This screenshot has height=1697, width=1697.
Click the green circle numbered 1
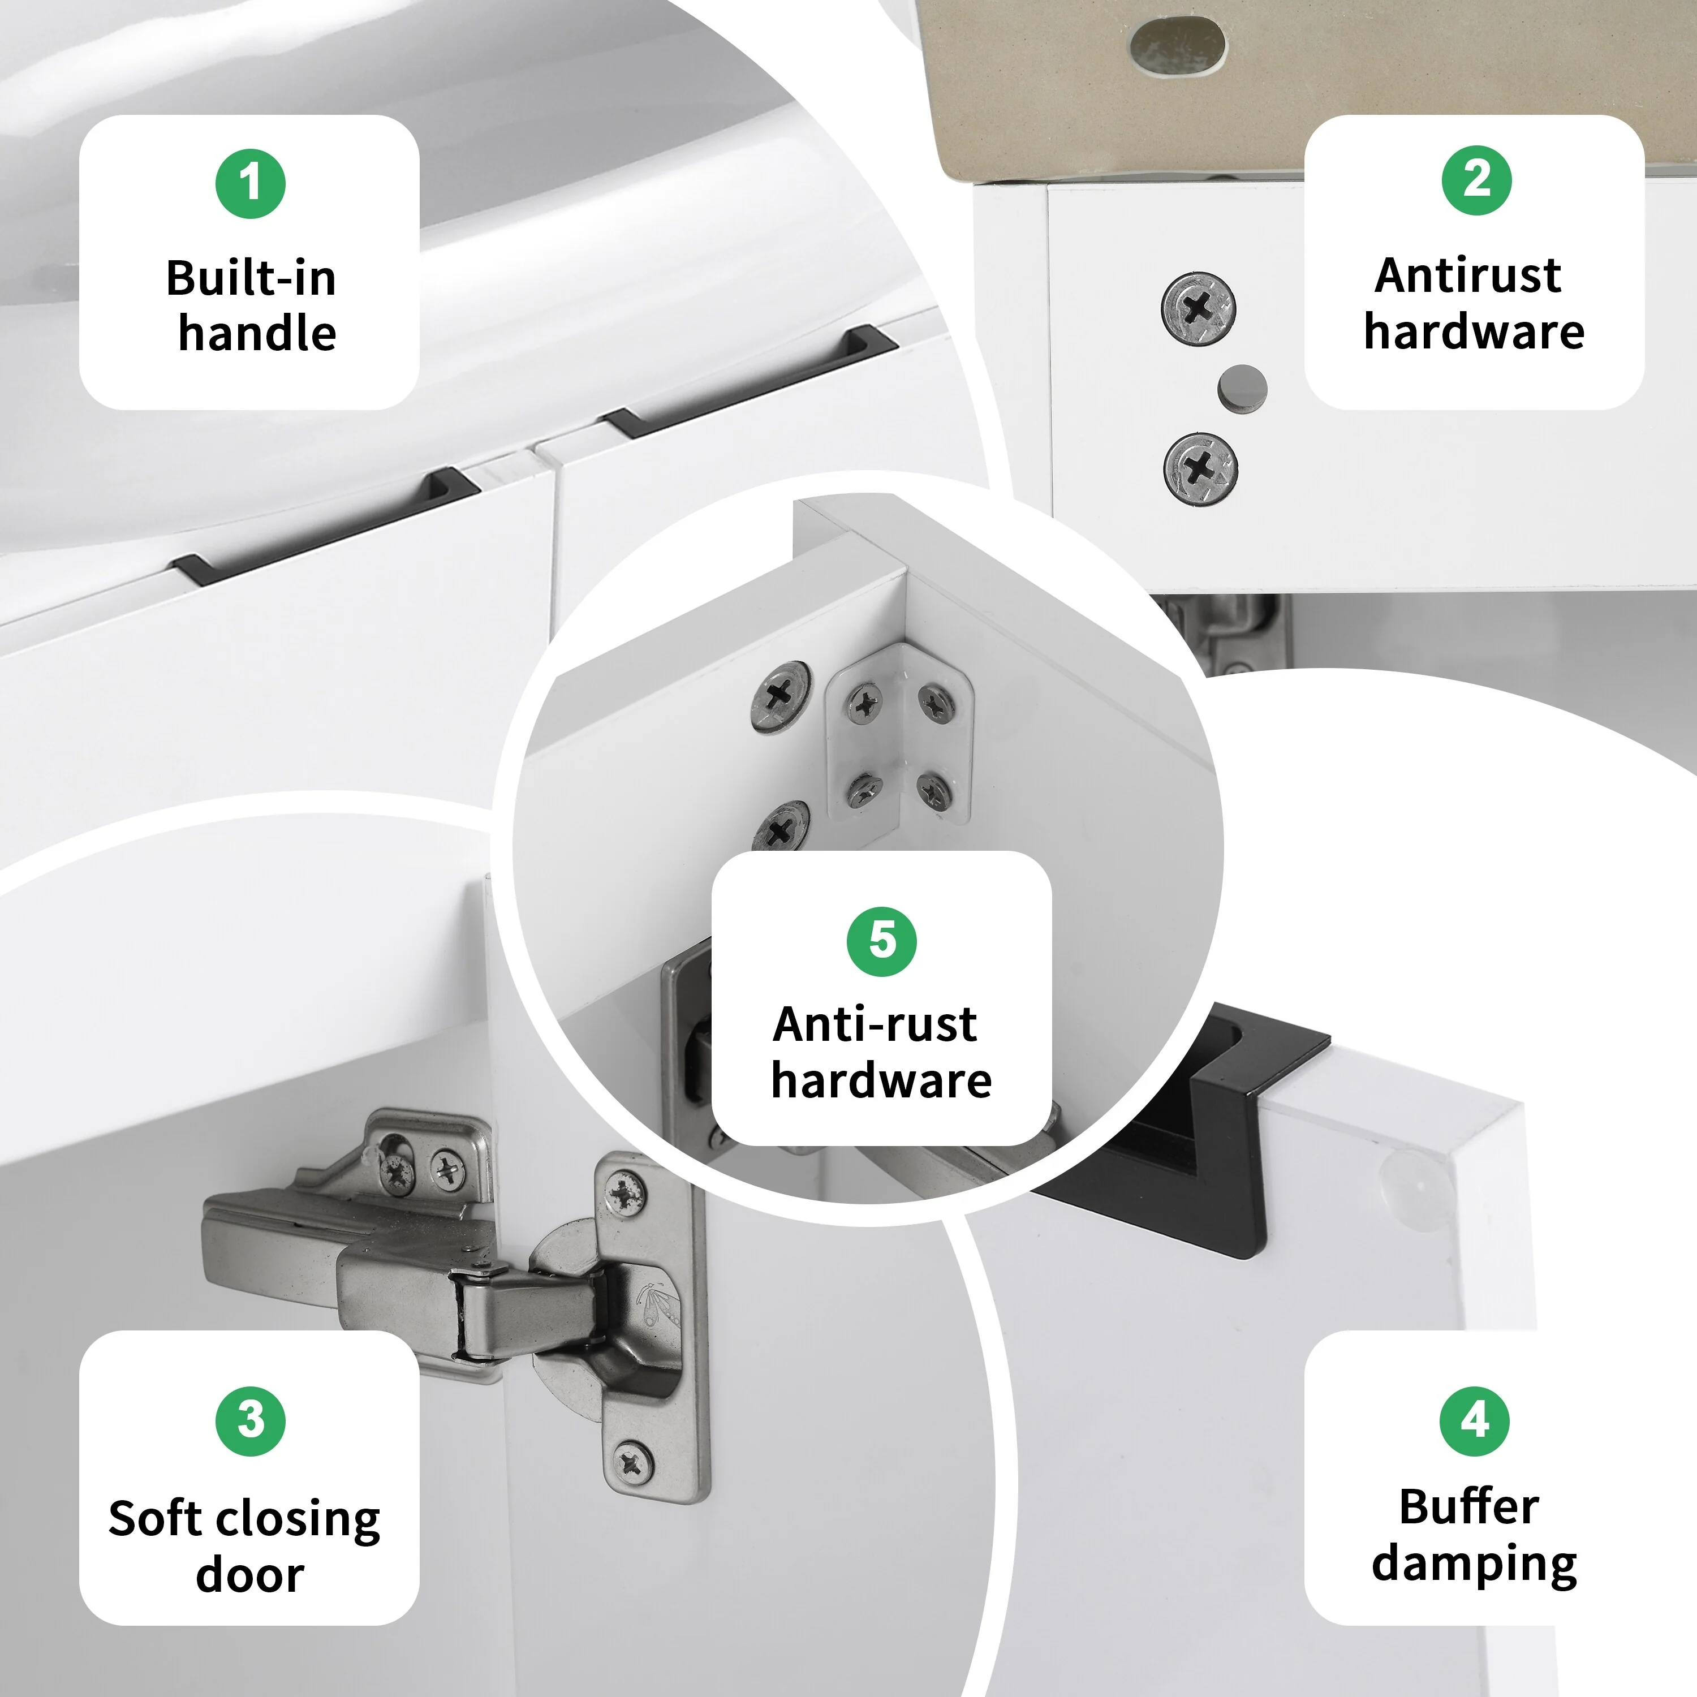point(251,184)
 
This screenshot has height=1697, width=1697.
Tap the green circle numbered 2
point(1476,180)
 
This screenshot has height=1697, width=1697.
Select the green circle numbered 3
point(251,1421)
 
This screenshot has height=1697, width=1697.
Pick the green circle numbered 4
point(1475,1420)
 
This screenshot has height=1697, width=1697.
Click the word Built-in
point(251,278)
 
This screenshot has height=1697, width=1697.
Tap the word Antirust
point(1468,276)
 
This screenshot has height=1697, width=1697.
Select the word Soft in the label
point(154,1519)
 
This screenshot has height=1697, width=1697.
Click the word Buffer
point(1468,1508)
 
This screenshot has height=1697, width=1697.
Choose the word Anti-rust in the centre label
point(875,1024)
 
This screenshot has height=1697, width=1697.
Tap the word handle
point(257,334)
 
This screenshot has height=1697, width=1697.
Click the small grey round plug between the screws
point(1242,387)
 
